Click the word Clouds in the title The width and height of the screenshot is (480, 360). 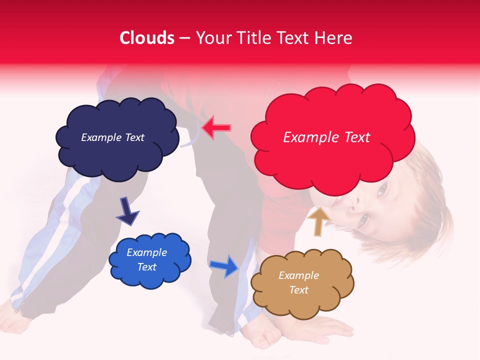147,38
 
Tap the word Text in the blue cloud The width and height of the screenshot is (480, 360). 147,267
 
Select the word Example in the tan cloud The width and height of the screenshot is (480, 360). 298,275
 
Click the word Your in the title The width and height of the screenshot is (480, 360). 210,38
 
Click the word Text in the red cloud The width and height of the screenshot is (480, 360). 357,137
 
